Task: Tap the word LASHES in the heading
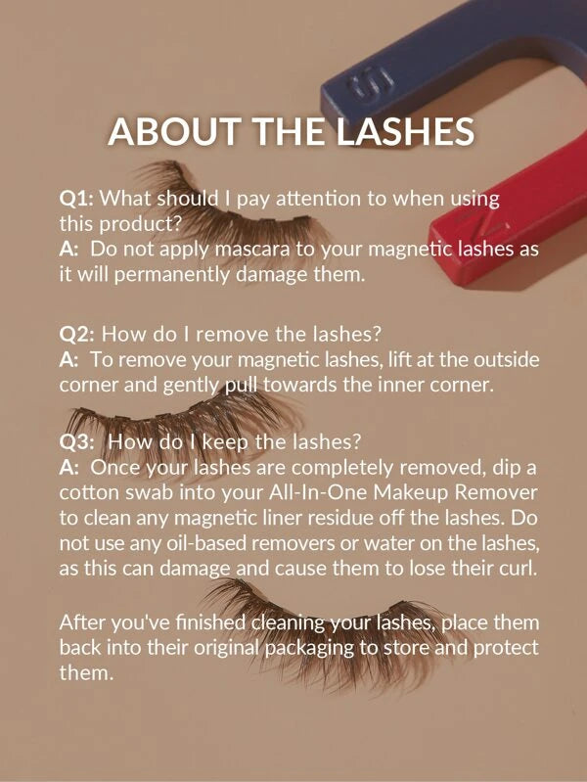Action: pyautogui.click(x=404, y=132)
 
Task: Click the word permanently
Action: pyautogui.click(x=171, y=276)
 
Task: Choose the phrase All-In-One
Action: pyautogui.click(x=318, y=492)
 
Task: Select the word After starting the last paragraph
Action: pyautogui.click(x=82, y=622)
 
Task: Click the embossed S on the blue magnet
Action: pyautogui.click(x=367, y=86)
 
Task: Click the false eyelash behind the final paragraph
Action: pyautogui.click(x=329, y=638)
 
